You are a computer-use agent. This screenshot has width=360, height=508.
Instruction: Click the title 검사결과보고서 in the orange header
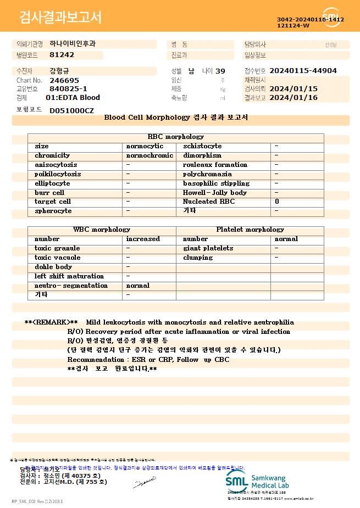point(60,18)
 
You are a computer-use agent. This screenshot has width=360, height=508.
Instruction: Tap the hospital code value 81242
point(62,55)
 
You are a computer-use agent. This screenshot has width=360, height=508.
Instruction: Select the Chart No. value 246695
point(64,80)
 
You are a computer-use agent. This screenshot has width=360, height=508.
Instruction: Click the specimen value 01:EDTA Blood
point(73,98)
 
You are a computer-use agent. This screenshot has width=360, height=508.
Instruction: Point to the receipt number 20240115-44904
point(303,71)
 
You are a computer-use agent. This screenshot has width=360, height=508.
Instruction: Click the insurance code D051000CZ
point(71,111)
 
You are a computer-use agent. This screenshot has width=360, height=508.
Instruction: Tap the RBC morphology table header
point(176,137)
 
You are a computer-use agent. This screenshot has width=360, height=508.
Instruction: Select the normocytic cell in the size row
point(145,146)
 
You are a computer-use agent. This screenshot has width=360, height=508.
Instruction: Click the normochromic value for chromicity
point(149,155)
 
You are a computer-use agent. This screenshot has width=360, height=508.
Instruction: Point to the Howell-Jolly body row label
point(215,193)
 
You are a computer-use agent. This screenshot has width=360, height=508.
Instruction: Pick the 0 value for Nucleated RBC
point(277,202)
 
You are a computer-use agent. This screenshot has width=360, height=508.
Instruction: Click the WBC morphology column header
point(102,230)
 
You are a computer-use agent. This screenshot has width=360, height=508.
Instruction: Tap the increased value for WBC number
point(143,239)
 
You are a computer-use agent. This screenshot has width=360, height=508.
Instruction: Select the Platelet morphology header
point(250,230)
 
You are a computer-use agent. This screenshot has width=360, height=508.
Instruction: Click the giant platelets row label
point(208,248)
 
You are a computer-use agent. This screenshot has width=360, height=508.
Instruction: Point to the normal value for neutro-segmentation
point(138,286)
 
